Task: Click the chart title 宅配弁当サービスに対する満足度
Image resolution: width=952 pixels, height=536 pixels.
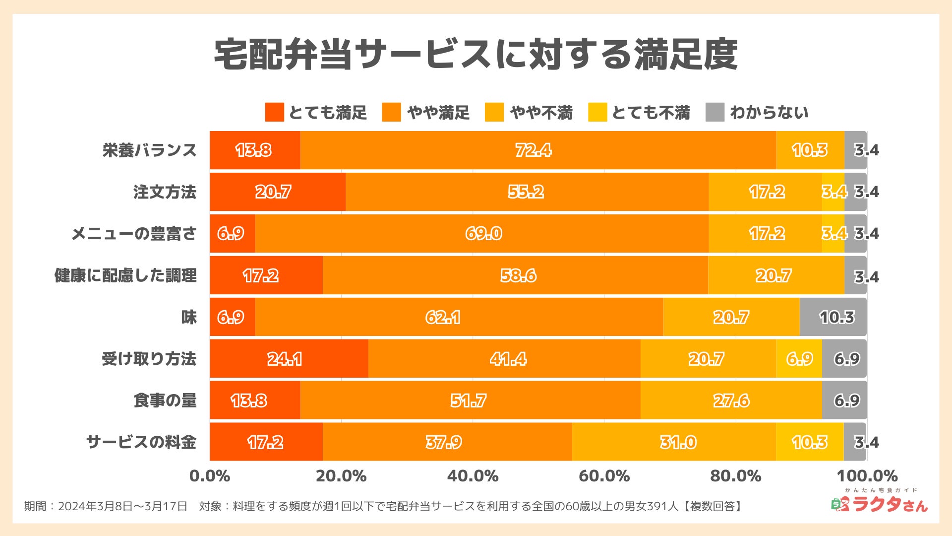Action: coord(476,54)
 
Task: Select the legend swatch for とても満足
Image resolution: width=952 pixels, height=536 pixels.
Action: coord(274,112)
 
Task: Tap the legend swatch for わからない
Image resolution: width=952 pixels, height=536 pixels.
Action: coord(714,112)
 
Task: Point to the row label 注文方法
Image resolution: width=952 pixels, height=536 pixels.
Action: coord(165,192)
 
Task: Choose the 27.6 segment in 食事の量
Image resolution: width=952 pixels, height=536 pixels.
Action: coord(731,400)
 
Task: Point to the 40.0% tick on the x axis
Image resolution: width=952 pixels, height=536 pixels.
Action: coord(473,476)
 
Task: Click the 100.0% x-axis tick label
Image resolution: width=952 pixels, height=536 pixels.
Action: coord(867,476)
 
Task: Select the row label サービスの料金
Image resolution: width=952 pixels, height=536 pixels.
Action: coord(141,442)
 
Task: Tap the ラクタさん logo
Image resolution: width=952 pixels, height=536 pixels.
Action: coord(880,502)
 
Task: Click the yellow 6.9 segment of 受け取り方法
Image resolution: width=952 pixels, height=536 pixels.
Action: coord(799,358)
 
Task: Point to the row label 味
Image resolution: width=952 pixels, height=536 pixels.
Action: coord(189,317)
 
